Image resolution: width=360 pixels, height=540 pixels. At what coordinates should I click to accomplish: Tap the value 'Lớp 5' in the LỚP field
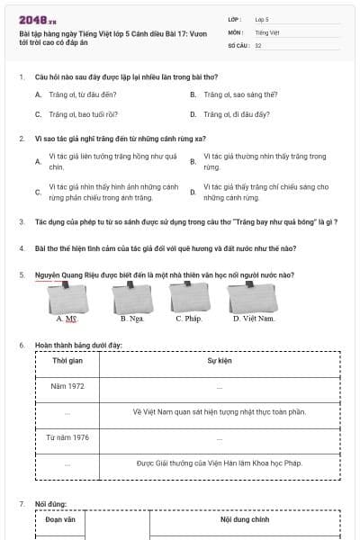tap(262, 19)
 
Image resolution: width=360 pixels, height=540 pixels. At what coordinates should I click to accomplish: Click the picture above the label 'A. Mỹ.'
tap(66, 296)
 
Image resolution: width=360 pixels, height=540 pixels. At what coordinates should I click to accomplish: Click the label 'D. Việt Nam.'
tap(253, 318)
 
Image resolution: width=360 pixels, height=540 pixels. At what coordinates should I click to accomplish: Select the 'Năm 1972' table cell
tap(67, 386)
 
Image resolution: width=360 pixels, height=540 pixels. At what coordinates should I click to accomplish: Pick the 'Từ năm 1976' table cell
tap(67, 437)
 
